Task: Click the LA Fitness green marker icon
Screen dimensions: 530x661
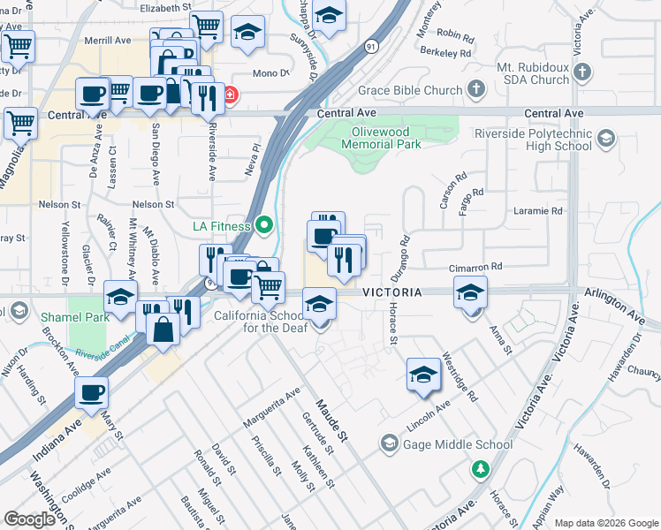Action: point(262,225)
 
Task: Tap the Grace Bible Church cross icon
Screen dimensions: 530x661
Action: point(476,89)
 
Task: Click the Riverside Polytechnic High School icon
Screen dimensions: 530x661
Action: point(606,138)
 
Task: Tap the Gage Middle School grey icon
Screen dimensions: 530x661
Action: point(388,443)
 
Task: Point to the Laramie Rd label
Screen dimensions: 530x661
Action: point(540,211)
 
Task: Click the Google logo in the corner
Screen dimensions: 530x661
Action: point(29,519)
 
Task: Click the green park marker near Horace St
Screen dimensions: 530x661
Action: point(480,468)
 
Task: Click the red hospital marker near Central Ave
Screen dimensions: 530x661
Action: point(229,95)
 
